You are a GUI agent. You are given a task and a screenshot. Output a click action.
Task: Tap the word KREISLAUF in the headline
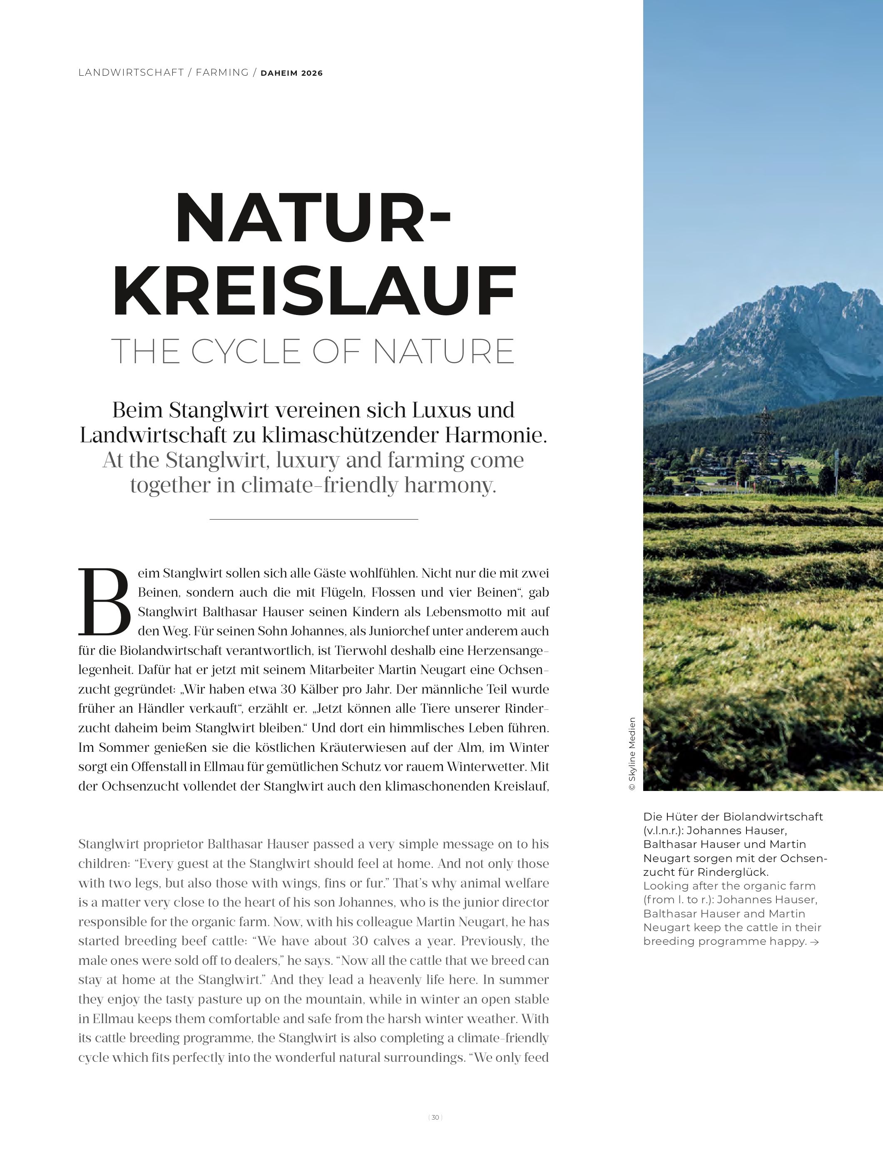313,291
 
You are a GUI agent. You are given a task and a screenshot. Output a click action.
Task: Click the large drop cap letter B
104,602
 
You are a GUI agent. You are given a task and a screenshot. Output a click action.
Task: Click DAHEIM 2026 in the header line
291,73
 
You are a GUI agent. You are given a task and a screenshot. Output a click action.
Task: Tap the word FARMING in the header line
222,73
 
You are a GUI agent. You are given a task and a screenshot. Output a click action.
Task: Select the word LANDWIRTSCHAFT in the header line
131,73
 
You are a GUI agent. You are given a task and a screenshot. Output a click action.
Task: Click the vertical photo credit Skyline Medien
632,753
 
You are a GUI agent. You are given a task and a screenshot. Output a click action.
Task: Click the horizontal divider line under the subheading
313,519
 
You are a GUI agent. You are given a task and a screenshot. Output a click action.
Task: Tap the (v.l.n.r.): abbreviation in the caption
663,830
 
